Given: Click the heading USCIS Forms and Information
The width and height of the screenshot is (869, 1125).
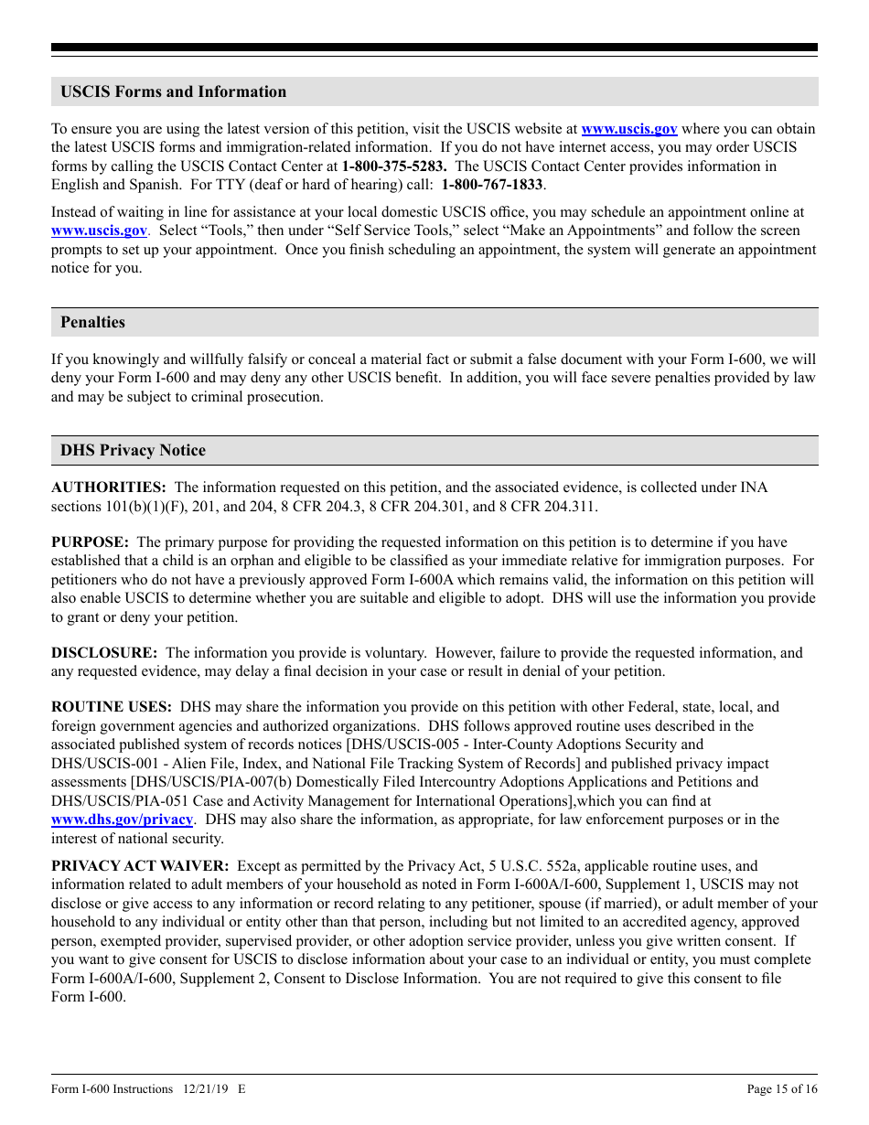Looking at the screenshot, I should [x=173, y=91].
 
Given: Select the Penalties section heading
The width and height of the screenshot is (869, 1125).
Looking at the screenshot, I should [x=92, y=322].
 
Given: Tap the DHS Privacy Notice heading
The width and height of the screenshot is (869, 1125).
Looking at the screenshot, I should [x=133, y=450].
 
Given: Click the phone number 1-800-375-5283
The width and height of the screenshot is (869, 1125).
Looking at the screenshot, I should [x=394, y=166].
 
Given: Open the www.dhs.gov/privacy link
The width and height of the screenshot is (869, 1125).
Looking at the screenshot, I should [x=122, y=820].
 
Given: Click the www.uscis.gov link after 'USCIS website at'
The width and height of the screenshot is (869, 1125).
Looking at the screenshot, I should [x=629, y=129].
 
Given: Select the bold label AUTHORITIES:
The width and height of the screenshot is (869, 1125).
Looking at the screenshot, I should [x=108, y=487].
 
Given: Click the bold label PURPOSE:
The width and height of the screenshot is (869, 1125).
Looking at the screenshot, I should [x=90, y=542].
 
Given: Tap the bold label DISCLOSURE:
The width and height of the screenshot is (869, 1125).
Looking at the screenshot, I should [x=104, y=652].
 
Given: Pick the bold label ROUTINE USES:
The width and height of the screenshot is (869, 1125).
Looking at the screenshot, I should [x=111, y=707].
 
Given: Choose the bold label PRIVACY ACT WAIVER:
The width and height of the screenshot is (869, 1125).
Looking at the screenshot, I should [x=140, y=865].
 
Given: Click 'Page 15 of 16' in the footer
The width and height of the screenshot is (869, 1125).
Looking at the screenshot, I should [x=782, y=1088].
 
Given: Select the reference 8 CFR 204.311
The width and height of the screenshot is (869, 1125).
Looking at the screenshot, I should [x=547, y=507].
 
